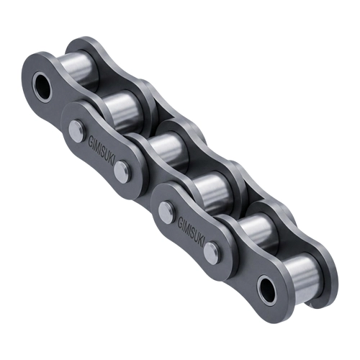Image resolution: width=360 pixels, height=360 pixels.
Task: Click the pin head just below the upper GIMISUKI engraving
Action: point(122,171)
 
